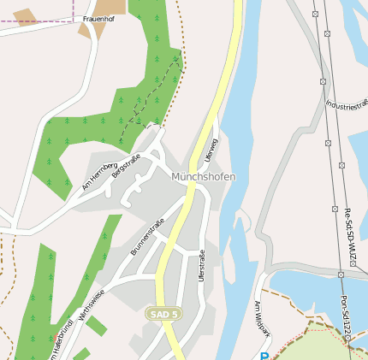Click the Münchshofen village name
(203, 176)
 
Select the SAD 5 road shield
(163, 314)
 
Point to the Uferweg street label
(211, 149)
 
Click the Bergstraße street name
(126, 166)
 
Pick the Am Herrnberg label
(98, 175)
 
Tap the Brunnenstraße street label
(147, 238)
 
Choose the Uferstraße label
(202, 265)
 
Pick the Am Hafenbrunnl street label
(57, 345)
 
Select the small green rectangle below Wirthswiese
(97, 326)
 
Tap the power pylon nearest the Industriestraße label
(323, 81)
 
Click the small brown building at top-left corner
(25, 16)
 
